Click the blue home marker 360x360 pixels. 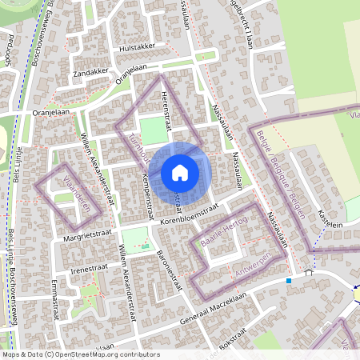pos(180,172)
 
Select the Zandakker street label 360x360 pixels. pos(90,71)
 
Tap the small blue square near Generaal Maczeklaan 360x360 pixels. pos(288,281)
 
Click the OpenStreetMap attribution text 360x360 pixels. pos(80,354)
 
